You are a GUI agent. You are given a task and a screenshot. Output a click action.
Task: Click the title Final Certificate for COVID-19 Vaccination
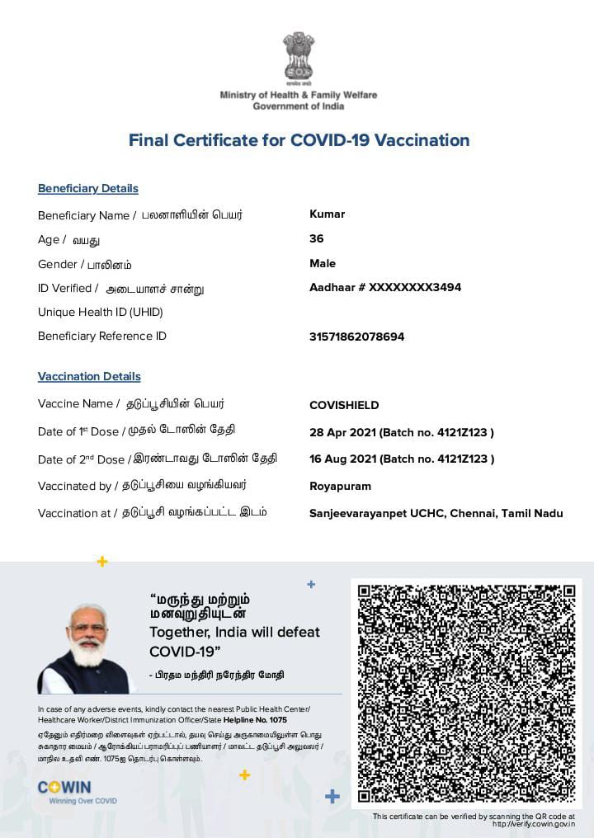click(x=299, y=140)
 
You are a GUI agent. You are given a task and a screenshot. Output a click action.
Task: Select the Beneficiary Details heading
click(x=88, y=189)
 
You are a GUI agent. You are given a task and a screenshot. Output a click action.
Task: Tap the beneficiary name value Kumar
click(x=327, y=214)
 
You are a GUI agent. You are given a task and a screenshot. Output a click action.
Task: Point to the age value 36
click(x=316, y=239)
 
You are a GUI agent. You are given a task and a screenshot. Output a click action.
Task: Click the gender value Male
click(x=323, y=264)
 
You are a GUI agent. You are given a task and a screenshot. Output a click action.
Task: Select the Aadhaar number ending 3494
click(x=385, y=288)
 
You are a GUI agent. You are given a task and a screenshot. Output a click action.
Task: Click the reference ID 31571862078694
click(x=356, y=337)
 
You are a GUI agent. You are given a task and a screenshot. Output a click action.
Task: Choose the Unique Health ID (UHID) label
click(x=101, y=312)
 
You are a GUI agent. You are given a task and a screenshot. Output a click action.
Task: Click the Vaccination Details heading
click(x=89, y=377)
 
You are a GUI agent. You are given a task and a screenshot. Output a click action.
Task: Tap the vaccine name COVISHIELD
click(x=344, y=406)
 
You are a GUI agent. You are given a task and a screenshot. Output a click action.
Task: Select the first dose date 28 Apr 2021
click(x=342, y=432)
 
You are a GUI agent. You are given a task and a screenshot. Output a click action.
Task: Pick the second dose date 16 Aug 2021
click(x=342, y=459)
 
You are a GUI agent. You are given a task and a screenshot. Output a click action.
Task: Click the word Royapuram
click(x=340, y=487)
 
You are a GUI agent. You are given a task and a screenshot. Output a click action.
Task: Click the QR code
click(x=466, y=694)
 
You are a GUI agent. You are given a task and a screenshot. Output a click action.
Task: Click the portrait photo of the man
click(x=85, y=649)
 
